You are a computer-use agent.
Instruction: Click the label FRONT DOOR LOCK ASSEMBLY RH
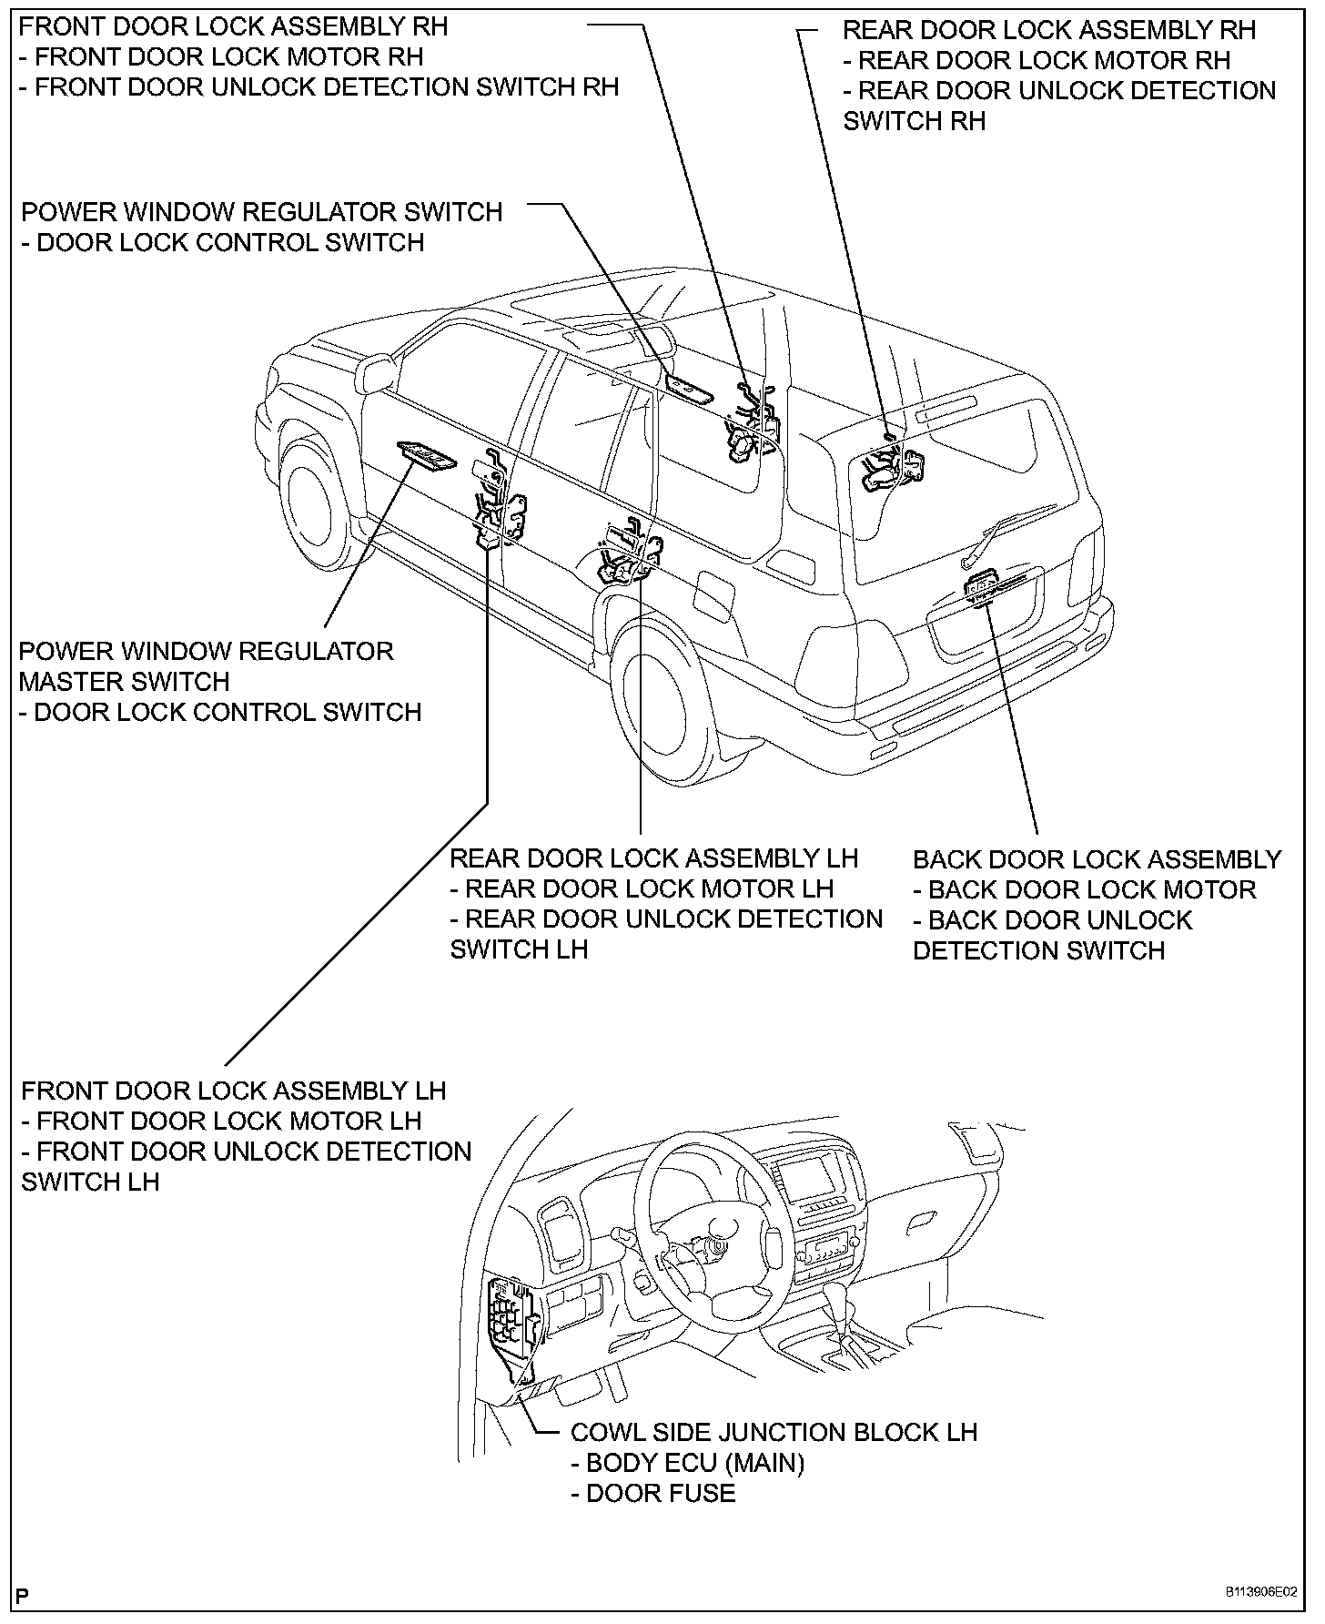234,26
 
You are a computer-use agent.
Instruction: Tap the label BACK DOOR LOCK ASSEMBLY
1097,859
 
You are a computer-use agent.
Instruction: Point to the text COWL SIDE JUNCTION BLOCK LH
774,1432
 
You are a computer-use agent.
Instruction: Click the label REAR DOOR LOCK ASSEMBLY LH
654,858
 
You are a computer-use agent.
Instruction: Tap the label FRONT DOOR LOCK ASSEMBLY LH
234,1091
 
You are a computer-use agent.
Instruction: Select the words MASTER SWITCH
125,681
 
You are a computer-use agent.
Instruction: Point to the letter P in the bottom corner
24,1595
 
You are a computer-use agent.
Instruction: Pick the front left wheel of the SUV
314,503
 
